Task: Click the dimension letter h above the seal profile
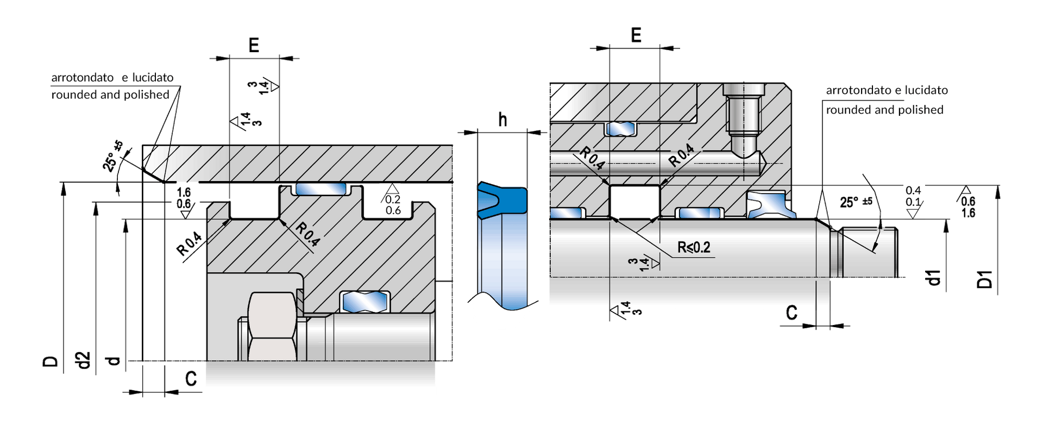502,119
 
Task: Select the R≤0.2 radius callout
694,248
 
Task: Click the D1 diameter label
985,279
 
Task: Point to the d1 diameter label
933,277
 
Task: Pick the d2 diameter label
83,360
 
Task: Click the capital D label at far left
50,362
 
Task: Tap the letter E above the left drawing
254,45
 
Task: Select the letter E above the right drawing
636,35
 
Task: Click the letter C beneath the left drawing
191,379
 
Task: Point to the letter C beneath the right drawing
791,313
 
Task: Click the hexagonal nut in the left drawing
272,326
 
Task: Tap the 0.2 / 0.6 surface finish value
393,205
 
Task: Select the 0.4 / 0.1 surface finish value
913,196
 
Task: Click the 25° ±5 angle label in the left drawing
113,156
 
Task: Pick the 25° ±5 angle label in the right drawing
856,202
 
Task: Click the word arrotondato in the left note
83,78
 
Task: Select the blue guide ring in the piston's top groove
321,189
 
